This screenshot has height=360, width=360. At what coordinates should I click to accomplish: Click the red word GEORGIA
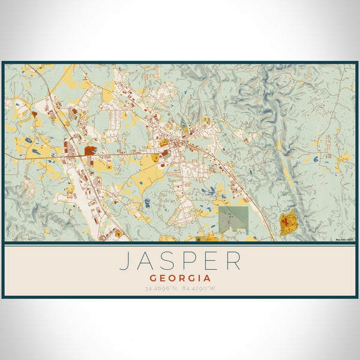pyautogui.click(x=180, y=278)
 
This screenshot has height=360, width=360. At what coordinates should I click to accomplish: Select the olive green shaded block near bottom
pyautogui.click(x=233, y=219)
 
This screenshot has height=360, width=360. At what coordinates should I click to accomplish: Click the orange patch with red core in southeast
pyautogui.click(x=289, y=224)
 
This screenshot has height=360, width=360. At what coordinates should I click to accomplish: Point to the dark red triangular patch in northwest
pyautogui.click(x=35, y=112)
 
